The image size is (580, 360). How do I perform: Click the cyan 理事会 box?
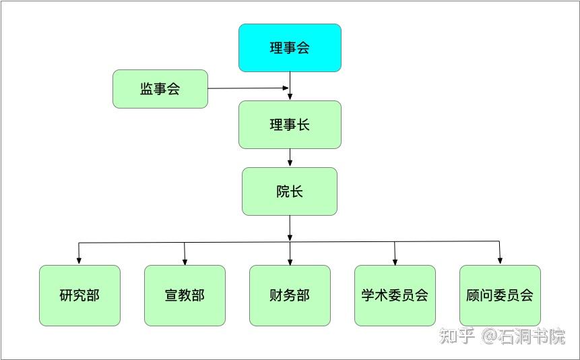click(x=290, y=48)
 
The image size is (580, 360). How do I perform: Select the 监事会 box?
click(x=160, y=89)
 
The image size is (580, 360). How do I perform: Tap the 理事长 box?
click(x=290, y=125)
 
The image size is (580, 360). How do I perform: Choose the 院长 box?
click(x=290, y=191)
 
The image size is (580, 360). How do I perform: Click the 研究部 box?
click(x=79, y=295)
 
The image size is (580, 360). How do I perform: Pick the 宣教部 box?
click(x=185, y=295)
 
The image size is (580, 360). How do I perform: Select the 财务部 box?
click(x=290, y=295)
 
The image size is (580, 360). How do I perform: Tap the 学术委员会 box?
click(x=395, y=295)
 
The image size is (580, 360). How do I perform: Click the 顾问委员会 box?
click(x=500, y=295)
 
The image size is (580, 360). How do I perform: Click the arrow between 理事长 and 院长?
click(x=290, y=158)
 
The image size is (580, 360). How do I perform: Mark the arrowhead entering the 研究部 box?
click(x=79, y=260)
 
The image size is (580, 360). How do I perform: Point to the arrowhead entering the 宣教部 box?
click(x=185, y=260)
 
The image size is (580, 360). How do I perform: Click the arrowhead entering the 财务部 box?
click(x=290, y=260)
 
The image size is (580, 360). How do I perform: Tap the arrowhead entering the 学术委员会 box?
click(x=395, y=260)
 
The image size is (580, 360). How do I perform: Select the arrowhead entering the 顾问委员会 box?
click(x=500, y=260)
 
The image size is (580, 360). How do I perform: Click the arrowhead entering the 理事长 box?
click(x=290, y=96)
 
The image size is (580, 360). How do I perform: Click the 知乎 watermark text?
click(x=457, y=336)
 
